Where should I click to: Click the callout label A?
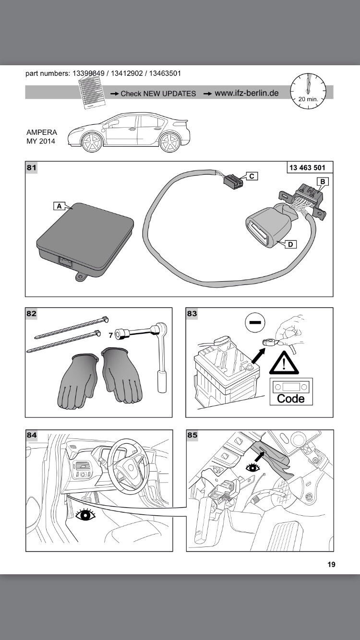point(59,206)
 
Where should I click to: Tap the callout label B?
point(323,181)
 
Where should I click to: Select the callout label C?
point(252,176)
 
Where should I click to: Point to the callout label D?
point(290,244)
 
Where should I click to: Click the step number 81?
point(32,167)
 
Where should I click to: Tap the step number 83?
point(192,313)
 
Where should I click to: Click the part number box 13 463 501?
point(307,167)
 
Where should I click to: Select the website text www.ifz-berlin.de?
point(247,93)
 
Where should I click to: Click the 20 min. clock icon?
point(309,91)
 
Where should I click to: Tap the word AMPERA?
point(42,132)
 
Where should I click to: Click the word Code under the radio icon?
point(291,399)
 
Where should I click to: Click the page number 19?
point(331,564)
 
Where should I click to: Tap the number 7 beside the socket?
point(110,335)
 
